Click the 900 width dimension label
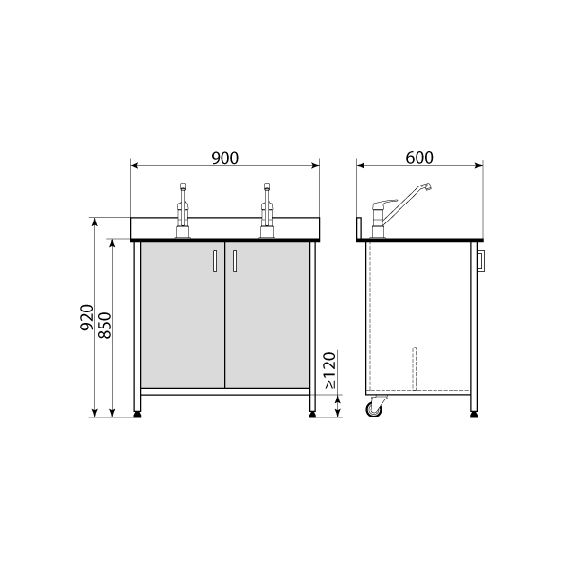[x=225, y=158]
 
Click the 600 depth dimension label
[x=419, y=157]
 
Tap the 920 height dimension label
[x=87, y=318]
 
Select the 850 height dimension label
[x=105, y=326]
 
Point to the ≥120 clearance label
[x=330, y=370]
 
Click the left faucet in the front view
[x=183, y=211]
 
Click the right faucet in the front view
[x=267, y=211]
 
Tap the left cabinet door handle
[x=215, y=260]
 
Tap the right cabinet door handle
[x=235, y=260]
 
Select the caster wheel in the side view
[x=374, y=409]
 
